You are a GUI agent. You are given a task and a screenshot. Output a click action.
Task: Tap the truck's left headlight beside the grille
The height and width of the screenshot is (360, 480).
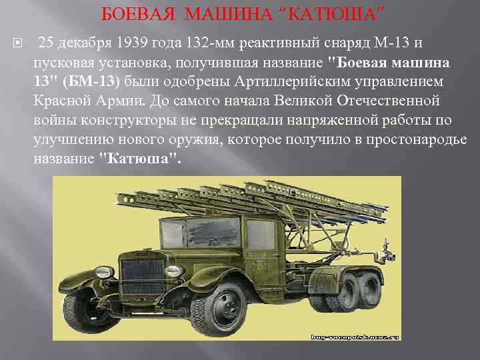click(173, 271)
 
